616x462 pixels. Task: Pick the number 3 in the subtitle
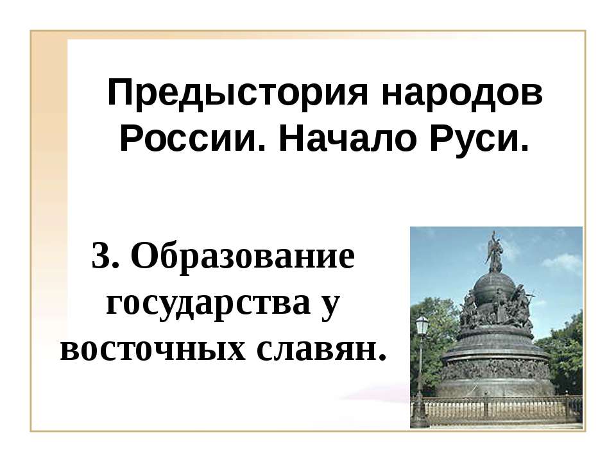tap(101, 257)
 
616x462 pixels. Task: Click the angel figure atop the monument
tap(494, 252)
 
